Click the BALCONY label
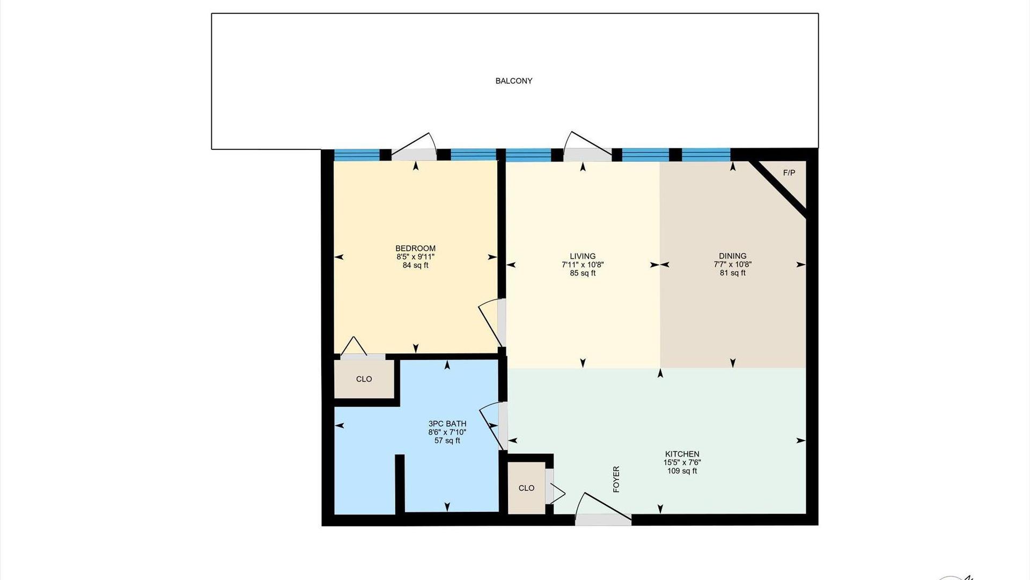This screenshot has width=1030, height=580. point(513,81)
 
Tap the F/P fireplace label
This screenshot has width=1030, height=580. point(789,173)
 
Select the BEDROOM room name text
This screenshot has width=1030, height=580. point(415,248)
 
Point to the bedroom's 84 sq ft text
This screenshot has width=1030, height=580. point(415,265)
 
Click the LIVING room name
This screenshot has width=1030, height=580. point(583,256)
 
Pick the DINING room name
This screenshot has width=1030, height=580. point(733,256)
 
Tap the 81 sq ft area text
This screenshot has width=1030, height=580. point(733,273)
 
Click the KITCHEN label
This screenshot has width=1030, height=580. point(682,454)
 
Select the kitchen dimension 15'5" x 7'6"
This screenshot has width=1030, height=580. point(682,462)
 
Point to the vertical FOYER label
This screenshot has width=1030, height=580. point(616,479)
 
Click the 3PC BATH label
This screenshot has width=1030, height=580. point(447,424)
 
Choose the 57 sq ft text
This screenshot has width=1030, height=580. point(447,441)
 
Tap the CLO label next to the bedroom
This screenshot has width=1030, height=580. point(364,379)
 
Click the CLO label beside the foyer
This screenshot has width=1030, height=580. point(526,488)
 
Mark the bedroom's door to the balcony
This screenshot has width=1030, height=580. point(414,148)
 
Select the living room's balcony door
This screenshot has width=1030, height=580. point(588,147)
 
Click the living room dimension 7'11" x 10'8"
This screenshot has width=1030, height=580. point(583,265)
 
